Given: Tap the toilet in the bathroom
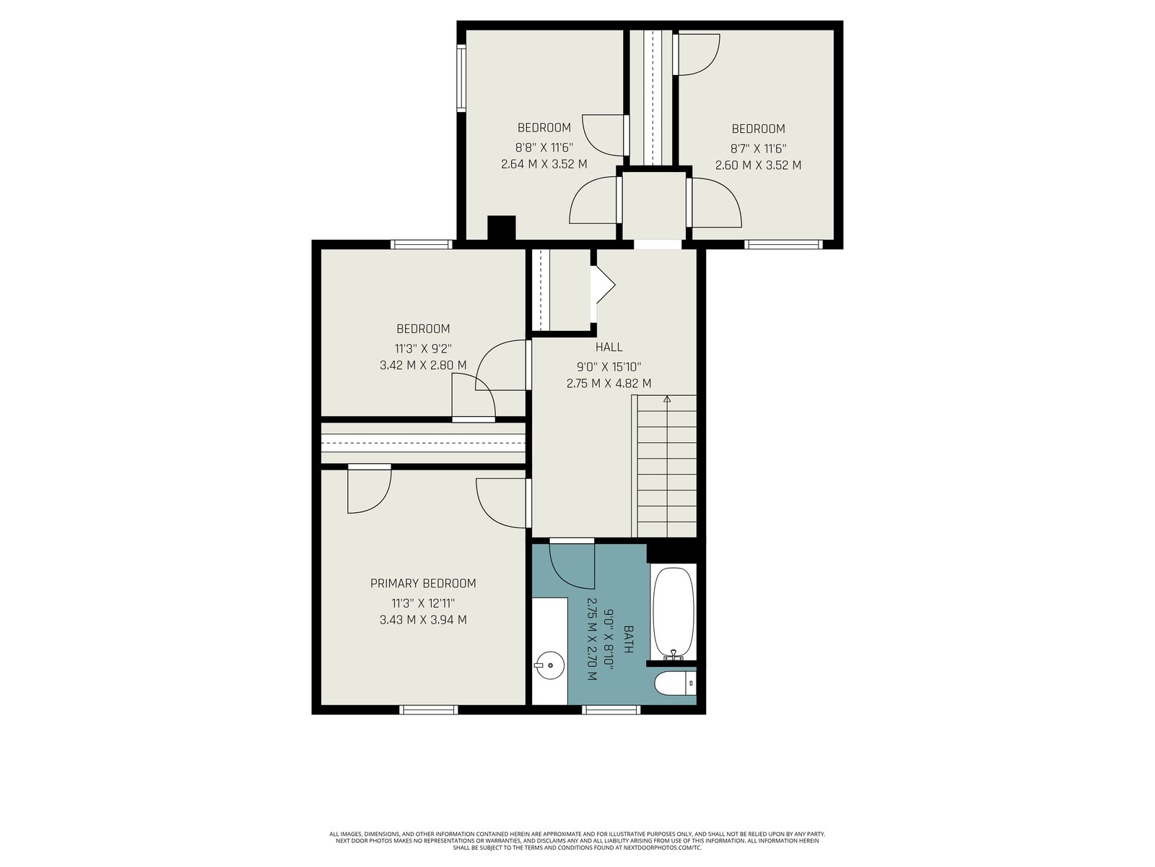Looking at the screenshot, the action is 676,684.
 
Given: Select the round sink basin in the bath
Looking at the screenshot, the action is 550,665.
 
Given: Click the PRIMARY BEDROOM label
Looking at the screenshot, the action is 423,583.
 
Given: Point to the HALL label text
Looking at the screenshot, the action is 609,347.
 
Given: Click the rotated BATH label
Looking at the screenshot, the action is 628,639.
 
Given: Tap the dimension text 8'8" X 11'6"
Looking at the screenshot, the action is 544,147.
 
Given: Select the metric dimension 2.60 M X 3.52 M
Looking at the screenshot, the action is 758,165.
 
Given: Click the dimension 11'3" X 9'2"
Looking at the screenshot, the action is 423,348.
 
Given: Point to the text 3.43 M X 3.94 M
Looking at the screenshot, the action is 423,620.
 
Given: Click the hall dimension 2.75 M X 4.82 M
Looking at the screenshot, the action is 609,384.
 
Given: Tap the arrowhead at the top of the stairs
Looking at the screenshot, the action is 667,399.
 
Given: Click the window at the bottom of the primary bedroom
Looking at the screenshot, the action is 428,709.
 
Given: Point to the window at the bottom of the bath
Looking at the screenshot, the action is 611,709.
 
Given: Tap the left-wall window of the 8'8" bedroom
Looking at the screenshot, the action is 461,78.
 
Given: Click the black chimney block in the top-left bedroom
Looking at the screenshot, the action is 502,228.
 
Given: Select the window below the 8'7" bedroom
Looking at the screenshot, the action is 783,244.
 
